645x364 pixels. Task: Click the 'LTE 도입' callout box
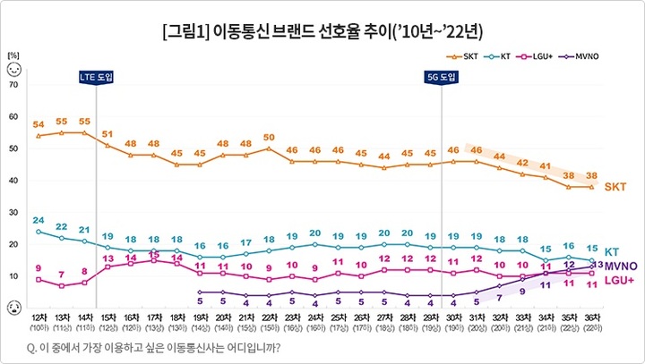click(x=97, y=77)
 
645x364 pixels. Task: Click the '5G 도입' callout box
click(x=442, y=77)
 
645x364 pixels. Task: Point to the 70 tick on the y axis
click(x=13, y=84)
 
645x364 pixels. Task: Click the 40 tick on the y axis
click(x=13, y=181)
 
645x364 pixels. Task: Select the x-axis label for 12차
click(x=39, y=321)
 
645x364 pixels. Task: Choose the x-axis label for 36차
click(x=591, y=321)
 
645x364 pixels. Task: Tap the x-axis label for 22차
click(x=268, y=321)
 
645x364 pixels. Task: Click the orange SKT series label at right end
click(x=615, y=187)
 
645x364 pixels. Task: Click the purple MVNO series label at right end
click(x=621, y=267)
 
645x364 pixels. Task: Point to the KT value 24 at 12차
click(x=39, y=220)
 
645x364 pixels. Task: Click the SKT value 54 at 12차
click(x=39, y=123)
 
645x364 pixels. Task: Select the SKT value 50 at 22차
click(x=268, y=137)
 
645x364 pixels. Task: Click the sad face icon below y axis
click(x=13, y=308)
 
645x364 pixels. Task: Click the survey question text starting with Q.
click(x=155, y=346)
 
